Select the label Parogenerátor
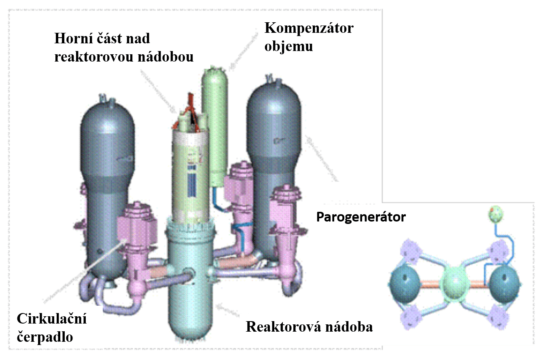tap(361, 217)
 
